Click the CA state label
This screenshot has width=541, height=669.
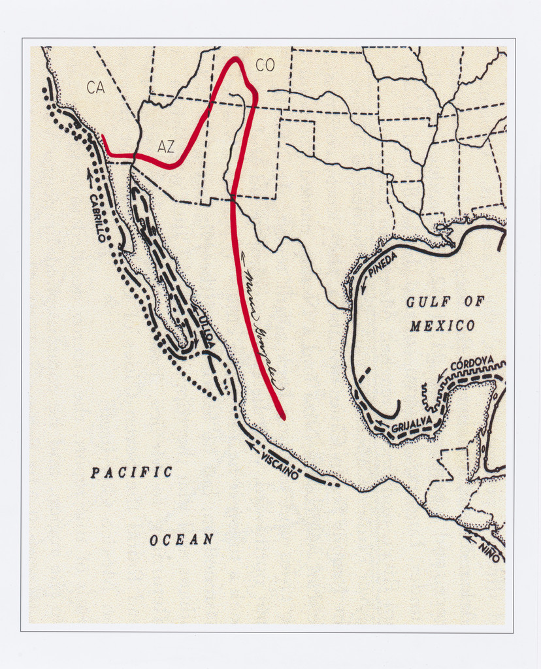point(95,87)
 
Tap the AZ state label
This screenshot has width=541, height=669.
point(166,146)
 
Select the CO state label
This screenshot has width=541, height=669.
point(265,65)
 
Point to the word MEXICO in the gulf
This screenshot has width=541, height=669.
point(442,325)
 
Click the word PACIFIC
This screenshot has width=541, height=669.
point(131,472)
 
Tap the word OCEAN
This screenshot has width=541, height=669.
point(182,540)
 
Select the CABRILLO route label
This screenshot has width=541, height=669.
point(97,218)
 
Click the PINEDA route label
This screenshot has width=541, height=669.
point(382,263)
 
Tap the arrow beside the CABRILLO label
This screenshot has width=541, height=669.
point(90,174)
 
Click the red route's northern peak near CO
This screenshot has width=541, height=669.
point(235,60)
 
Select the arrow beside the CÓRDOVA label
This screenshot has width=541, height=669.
point(442,374)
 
